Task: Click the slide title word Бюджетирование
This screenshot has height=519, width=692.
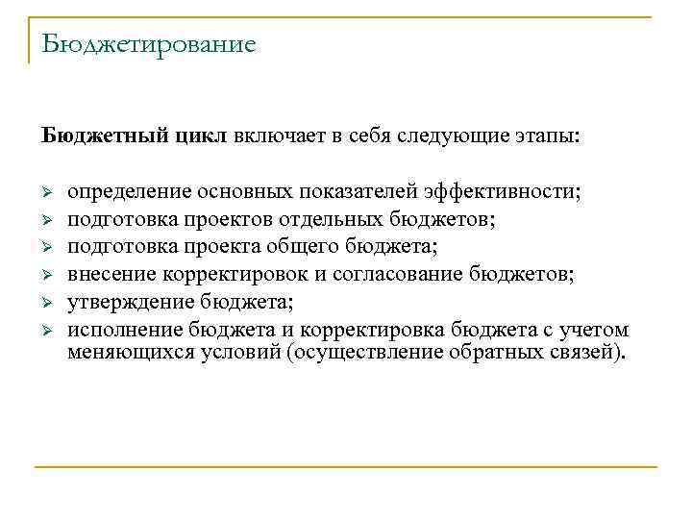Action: [149, 45]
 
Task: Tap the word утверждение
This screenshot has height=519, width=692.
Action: [130, 303]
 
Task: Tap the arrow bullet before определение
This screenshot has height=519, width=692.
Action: [46, 192]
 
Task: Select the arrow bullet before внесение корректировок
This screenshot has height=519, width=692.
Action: [46, 276]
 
